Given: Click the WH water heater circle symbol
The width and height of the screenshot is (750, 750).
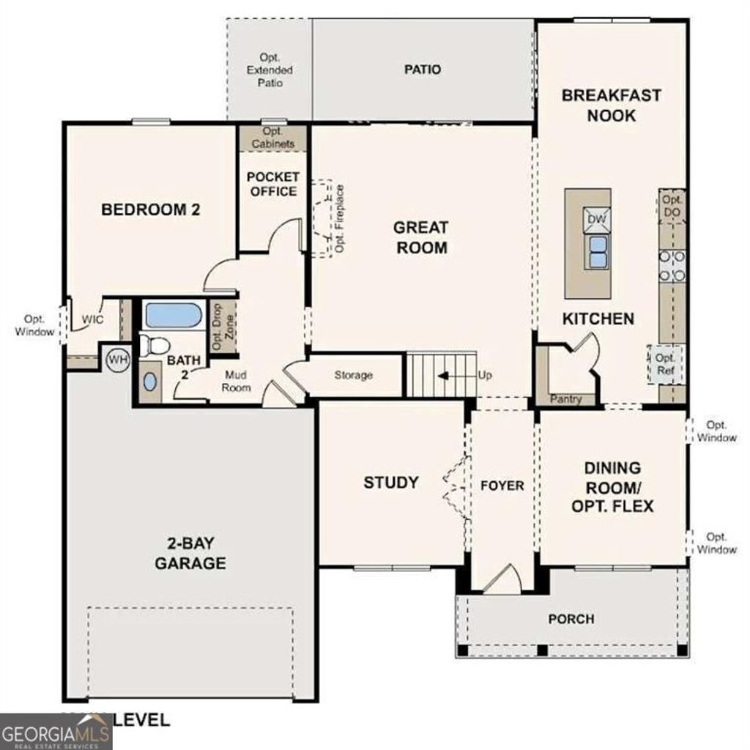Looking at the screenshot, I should point(117,359).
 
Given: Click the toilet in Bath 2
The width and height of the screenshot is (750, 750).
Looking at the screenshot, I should point(155,344).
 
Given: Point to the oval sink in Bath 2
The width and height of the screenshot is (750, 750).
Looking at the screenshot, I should point(149,382).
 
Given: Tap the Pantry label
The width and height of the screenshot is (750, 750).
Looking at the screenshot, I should point(565,399).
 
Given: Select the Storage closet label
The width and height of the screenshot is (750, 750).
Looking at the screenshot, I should point(354,375).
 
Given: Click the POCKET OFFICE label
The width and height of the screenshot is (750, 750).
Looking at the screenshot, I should point(272,184).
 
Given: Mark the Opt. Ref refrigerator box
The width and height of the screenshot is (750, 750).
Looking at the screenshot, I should point(665,363).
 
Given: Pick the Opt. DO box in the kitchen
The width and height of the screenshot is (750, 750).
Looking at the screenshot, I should point(672,206).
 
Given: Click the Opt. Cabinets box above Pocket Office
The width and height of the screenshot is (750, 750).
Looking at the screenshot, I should point(272,138).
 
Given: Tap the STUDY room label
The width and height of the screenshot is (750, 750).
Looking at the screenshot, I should point(391,483).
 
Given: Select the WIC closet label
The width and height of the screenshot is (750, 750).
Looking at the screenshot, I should point(92,320).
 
